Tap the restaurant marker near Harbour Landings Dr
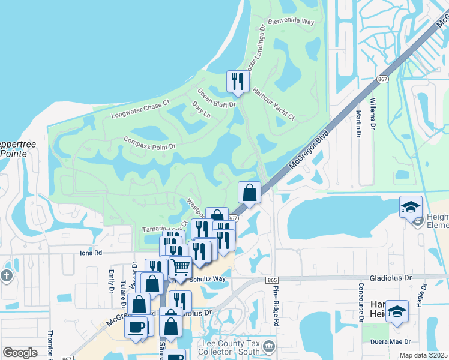[x=238, y=82]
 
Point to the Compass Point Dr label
[x=149, y=142]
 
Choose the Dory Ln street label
[x=201, y=109]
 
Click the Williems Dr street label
[x=372, y=115]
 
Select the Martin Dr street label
[x=358, y=119]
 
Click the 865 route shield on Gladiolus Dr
[x=273, y=280]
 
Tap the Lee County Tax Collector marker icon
[x=269, y=345]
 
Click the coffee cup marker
[x=136, y=328]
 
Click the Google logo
[x=20, y=352]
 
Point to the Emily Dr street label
[x=112, y=281]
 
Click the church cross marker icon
[x=7, y=276]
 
